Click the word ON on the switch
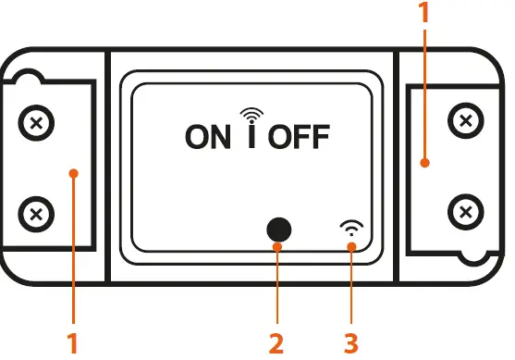coord(207,137)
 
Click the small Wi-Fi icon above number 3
coord(351,228)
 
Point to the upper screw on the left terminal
coord(36,123)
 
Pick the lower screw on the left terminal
coord(36,215)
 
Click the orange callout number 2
coord(276,343)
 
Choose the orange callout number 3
coord(350,343)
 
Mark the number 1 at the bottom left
coord(73,343)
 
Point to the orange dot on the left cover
coord(73,172)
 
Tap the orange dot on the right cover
coord(424,164)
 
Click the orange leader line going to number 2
coord(276,287)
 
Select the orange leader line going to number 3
coord(351,287)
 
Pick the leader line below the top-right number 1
coord(424,93)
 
